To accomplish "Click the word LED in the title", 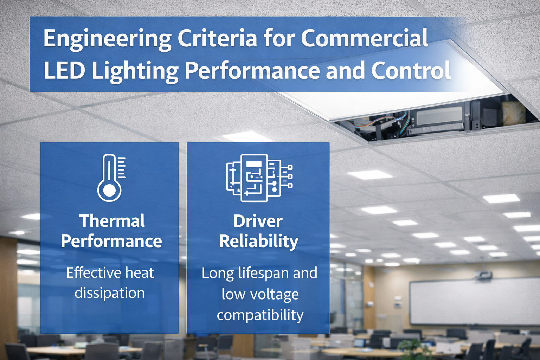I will pos(64,70).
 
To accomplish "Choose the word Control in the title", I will pos(411,70).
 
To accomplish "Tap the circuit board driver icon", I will pos(259,178).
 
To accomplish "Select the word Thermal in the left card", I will pos(112,221).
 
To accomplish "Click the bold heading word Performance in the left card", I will pos(111,242).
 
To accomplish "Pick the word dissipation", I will pos(110,293).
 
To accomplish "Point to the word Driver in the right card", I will pos(258,221).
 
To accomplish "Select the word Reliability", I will pos(259,242).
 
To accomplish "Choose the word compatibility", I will pos(260,315).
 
